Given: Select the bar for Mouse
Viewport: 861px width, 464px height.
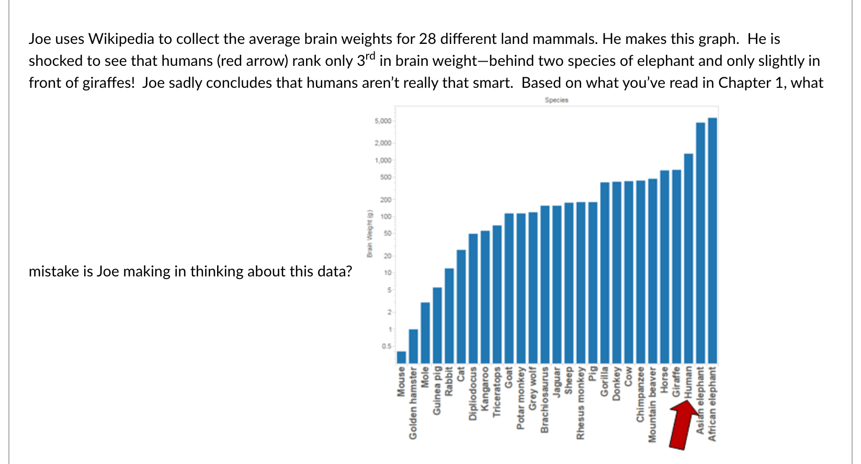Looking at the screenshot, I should [401, 357].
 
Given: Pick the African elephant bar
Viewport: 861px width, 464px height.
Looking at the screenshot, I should [712, 240].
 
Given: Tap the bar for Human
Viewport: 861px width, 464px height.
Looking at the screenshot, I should [688, 259].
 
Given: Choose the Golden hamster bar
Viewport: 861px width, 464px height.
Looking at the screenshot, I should [413, 346].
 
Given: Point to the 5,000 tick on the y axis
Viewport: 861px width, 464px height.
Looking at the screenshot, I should [383, 121].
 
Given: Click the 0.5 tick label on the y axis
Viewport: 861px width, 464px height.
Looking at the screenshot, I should [386, 346].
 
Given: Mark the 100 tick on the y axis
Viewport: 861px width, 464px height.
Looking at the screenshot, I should [386, 216].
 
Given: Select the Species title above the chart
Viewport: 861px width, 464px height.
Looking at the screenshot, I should [556, 100].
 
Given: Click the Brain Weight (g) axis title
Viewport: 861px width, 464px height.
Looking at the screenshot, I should [369, 233].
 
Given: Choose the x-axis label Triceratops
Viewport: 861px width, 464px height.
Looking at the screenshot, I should [497, 391].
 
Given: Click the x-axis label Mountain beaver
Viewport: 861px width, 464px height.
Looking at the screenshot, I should [652, 404].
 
